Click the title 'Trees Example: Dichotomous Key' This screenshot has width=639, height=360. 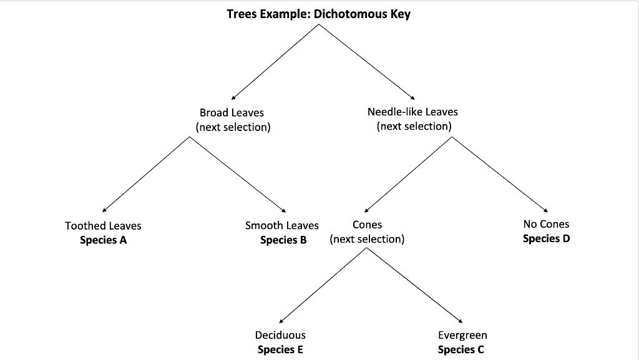pos(318,14)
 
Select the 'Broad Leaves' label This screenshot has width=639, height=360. pos(232,113)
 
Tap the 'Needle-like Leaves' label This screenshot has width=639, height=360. pos(412,112)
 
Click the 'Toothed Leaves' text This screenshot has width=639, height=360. pos(103,226)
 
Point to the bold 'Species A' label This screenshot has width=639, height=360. pos(103,240)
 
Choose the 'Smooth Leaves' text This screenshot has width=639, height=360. pos(281,226)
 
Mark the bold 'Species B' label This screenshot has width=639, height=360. pos(283,240)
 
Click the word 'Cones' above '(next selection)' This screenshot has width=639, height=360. pos(367,225)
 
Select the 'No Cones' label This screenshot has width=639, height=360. pos(546,224)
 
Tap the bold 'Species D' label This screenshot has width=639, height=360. pos(546,238)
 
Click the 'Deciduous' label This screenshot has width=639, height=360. pos(280,336)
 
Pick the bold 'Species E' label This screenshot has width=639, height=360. pos(280,350)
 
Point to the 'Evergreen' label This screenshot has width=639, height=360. pos(462,336)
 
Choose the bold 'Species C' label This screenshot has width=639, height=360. pos(461,350)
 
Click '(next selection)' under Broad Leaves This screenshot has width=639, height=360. pos(233,127)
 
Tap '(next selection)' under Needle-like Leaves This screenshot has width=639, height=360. pos(414,127)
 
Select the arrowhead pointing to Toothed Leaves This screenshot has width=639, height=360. pos(104,210)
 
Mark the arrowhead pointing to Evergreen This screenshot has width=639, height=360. pos(461,320)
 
